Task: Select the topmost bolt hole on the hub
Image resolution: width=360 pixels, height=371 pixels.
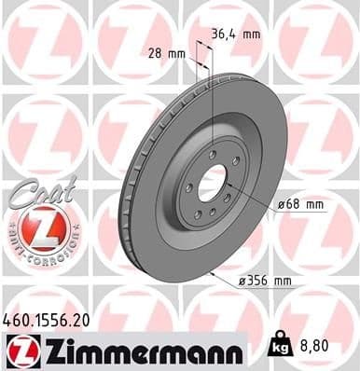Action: tap(214, 155)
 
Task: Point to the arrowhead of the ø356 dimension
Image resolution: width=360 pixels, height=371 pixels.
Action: tap(215, 273)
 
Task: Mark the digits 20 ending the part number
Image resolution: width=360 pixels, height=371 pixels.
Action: tap(81, 319)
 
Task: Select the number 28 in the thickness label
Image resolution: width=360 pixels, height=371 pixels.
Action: tap(157, 53)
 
